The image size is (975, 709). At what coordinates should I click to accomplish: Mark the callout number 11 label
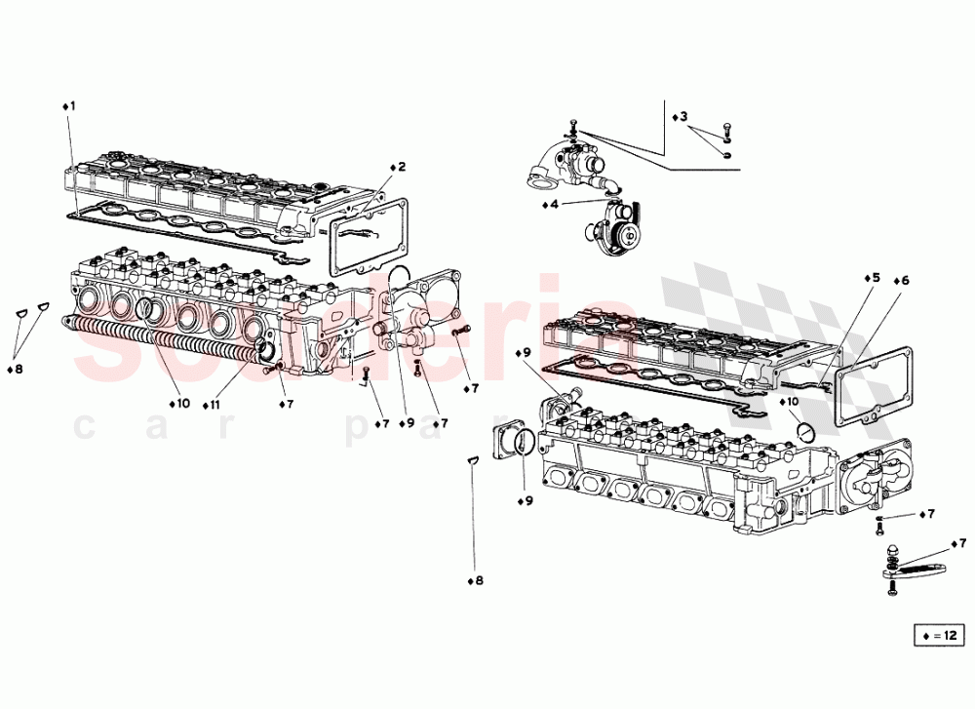pyautogui.click(x=212, y=403)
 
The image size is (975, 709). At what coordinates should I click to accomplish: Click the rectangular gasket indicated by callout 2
pyautogui.click(x=369, y=237)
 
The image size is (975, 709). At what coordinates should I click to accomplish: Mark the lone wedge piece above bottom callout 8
pyautogui.click(x=471, y=460)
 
